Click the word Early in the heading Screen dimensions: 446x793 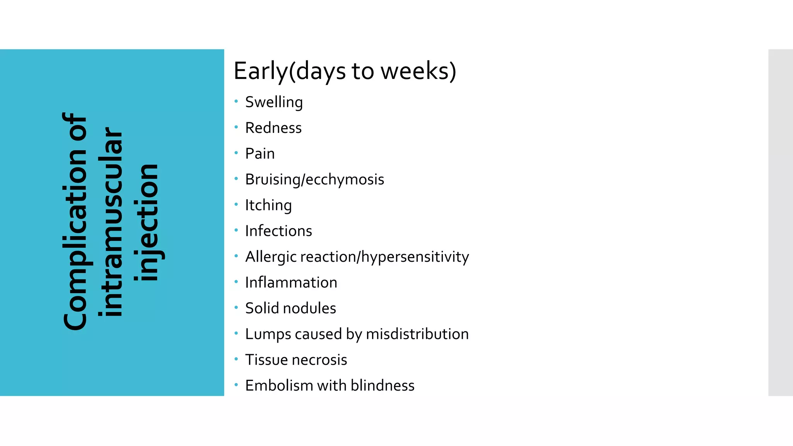point(261,71)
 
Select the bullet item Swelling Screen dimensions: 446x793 point(274,102)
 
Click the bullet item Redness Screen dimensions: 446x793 point(273,128)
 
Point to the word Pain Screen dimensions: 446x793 point(260,154)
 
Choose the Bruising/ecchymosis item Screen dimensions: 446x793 point(314,180)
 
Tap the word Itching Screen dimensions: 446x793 point(268,205)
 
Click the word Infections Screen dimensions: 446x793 point(278,231)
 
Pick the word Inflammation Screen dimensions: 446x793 point(291,283)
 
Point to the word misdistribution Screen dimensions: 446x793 point(417,334)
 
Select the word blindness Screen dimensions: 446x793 point(382,386)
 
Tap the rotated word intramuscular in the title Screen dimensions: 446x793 point(111,222)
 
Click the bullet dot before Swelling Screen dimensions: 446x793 point(236,101)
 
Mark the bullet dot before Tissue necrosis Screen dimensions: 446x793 point(236,359)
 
